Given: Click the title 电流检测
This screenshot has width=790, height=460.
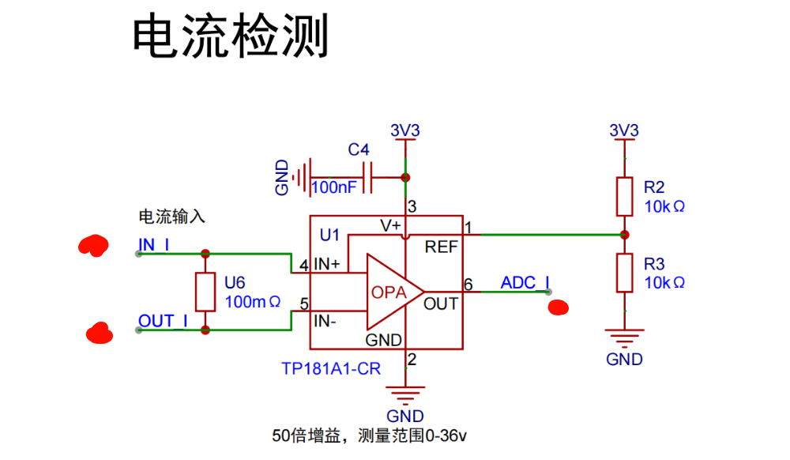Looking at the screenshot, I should (x=229, y=37).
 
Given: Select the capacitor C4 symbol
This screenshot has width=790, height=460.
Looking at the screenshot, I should (x=367, y=177).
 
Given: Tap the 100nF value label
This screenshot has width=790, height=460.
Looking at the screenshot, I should (x=334, y=188).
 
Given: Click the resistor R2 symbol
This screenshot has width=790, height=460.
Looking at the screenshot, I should (x=624, y=197).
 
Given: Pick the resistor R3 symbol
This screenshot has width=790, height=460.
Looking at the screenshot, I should (x=624, y=273).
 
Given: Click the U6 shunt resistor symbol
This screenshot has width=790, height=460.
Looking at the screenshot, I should (x=205, y=292).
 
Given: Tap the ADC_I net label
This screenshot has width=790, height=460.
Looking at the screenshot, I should (x=525, y=283).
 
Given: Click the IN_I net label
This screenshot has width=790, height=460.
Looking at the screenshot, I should (x=154, y=245).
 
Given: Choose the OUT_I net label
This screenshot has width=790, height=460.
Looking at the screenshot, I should (x=163, y=321).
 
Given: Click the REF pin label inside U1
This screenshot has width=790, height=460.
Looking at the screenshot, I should (x=441, y=247).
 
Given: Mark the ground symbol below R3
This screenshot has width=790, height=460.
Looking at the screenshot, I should (x=624, y=341).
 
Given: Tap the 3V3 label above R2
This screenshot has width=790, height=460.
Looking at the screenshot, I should (x=624, y=130).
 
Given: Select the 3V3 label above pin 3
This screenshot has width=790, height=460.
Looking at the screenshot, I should (x=405, y=130).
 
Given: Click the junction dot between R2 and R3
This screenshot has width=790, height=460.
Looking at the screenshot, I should (x=624, y=235).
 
